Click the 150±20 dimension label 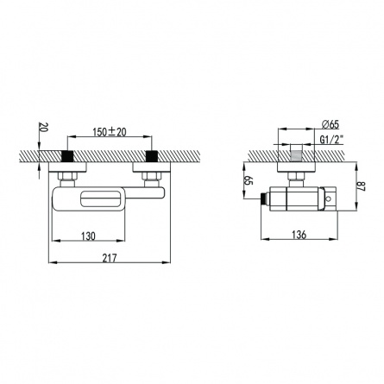[110, 132]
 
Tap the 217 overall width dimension [110, 258]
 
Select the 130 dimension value [88, 236]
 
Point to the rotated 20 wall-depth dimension [43, 127]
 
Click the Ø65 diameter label [330, 124]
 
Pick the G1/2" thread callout [331, 140]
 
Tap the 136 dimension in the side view [299, 235]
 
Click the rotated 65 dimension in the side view [249, 180]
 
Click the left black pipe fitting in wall [68, 156]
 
